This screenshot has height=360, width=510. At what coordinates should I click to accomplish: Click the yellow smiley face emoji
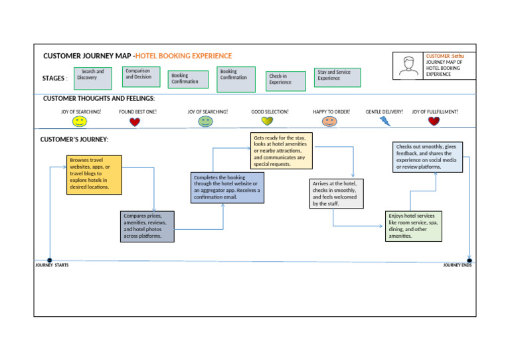pos(80,122)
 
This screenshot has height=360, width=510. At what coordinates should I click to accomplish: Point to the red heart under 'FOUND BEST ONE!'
pos(135,122)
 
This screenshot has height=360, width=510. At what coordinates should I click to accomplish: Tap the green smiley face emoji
pos(206,122)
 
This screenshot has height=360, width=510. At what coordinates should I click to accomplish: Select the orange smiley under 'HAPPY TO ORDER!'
pos(329,122)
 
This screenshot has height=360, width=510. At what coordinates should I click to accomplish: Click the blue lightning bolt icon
pos(385,121)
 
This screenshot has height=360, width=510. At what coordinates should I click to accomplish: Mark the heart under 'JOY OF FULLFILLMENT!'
pos(434,121)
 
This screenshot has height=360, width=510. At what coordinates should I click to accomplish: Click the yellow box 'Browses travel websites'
pos(95,174)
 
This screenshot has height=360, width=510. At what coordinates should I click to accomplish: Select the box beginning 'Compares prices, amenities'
pos(148,226)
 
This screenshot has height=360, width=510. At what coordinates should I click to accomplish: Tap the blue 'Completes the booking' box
pos(227,187)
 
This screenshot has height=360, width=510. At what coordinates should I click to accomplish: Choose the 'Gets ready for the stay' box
pos(281,150)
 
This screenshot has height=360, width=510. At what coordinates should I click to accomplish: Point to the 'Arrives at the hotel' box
pos(336,193)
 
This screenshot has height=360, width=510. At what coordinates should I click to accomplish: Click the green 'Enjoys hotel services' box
pos(413,226)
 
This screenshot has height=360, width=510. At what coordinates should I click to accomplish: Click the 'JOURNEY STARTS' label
pos(52,265)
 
